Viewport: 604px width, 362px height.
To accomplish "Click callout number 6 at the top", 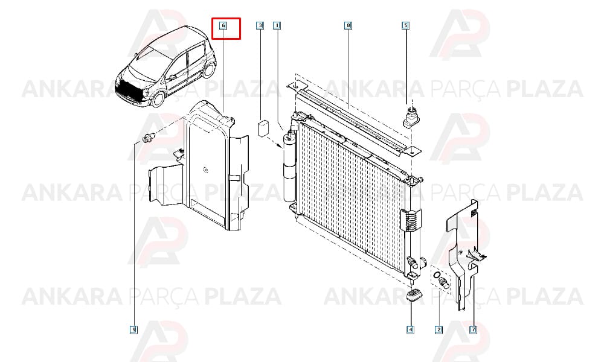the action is [223, 26].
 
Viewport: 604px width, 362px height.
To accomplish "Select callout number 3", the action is [260, 26].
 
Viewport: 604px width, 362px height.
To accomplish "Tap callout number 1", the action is [277, 26].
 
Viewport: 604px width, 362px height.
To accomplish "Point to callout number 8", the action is [349, 26].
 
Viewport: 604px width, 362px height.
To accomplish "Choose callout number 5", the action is [406, 26].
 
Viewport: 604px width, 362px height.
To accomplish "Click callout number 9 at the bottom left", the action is [133, 329].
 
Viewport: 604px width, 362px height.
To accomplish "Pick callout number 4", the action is [411, 329].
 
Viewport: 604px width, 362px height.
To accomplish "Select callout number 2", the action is [439, 329].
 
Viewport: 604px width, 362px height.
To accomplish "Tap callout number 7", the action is [474, 329].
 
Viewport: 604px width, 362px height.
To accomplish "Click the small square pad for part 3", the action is [263, 127].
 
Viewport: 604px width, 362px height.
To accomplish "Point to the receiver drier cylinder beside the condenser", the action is [289, 168].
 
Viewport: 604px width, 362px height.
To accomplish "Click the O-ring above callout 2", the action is [437, 275].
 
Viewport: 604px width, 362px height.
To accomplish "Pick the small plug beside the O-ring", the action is [445, 283].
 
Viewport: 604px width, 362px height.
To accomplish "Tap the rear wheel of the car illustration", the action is [210, 69].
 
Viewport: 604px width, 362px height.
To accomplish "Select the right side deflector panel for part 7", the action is [464, 254].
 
